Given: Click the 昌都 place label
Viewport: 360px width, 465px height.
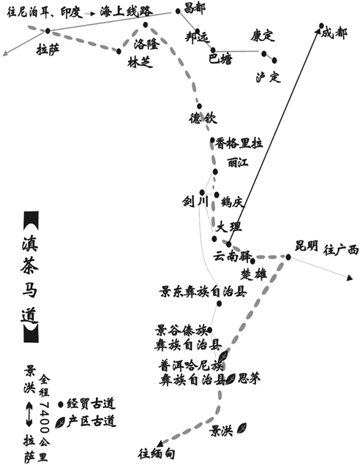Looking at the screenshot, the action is (195, 8).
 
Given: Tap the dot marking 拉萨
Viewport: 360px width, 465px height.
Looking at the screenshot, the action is (48, 30).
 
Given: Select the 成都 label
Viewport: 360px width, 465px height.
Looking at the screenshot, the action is (334, 33).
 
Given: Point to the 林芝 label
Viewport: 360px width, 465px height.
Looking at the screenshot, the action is (140, 62).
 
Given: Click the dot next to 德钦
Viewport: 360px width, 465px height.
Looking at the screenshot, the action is (200, 106).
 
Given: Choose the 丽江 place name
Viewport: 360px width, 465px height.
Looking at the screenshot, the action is (238, 163).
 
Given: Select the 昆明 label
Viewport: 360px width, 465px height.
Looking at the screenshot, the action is (307, 246).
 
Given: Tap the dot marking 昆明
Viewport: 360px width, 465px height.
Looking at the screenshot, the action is (288, 257).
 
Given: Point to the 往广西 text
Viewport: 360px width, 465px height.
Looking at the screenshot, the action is (341, 250).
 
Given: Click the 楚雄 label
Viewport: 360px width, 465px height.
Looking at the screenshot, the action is (254, 274).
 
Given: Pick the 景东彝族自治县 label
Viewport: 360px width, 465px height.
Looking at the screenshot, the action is (203, 292).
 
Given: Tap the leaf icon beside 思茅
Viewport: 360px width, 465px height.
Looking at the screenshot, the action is (230, 379).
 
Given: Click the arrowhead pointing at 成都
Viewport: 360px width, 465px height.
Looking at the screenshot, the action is (320, 26).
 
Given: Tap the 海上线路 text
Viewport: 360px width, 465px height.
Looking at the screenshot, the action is (126, 12).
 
